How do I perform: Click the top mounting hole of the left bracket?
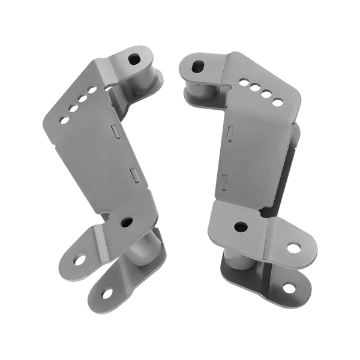134,59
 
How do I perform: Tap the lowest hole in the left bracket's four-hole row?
64,120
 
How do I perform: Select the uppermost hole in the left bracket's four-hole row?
92,89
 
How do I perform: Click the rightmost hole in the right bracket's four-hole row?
277,102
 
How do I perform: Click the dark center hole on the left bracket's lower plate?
127,222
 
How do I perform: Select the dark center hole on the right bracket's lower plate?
241,227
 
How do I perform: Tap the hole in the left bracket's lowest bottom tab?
107,293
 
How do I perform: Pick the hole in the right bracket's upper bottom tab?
293,247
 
